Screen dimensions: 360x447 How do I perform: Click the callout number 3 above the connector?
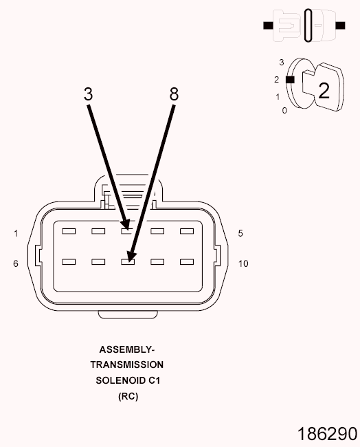[x=89, y=94]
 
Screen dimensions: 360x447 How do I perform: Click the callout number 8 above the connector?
[x=174, y=94]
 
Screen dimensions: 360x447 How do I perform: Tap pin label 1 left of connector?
[x=16, y=234]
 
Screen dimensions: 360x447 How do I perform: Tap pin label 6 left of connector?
[x=16, y=263]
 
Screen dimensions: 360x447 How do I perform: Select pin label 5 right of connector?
[x=240, y=234]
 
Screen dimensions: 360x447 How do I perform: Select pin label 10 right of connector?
[x=243, y=263]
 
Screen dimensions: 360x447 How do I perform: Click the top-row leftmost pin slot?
[x=69, y=231]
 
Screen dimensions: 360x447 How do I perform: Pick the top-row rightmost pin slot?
[x=187, y=231]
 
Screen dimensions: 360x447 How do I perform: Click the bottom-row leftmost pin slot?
[x=69, y=262]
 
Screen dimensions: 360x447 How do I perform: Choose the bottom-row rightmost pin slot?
[x=187, y=262]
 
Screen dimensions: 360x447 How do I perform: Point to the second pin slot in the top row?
[x=98, y=231]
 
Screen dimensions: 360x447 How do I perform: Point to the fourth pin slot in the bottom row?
[x=157, y=262]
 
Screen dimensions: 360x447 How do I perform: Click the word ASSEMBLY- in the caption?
[x=127, y=349]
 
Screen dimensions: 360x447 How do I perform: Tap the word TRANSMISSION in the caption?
[x=127, y=365]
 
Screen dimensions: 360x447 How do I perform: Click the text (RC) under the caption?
[x=128, y=396]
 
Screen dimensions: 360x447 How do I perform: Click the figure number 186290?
[x=327, y=434]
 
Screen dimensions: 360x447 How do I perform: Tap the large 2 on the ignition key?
[x=324, y=91]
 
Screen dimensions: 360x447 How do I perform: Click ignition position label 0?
[x=284, y=111]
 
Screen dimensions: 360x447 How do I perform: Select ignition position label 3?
[x=282, y=63]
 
